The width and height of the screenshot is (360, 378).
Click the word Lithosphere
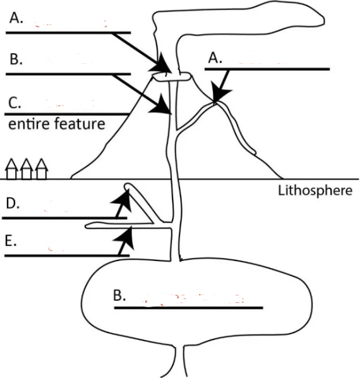315,190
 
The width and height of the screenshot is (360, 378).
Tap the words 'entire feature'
56,123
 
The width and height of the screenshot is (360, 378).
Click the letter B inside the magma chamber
120,295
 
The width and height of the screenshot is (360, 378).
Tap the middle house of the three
27,169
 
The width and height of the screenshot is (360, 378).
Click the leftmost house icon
12,169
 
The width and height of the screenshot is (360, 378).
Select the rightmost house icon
41,169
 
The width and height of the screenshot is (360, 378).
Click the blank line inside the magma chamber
188,308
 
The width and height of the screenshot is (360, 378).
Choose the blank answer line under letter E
66,256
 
